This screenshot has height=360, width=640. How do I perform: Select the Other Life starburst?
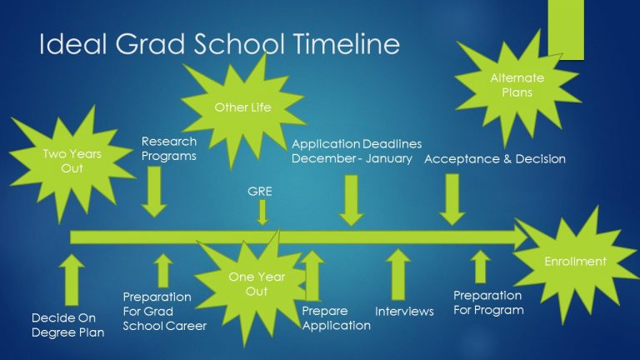tap(242, 107)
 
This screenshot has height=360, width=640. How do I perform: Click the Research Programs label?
tap(169, 148)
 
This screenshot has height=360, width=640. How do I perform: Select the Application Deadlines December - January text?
tap(356, 151)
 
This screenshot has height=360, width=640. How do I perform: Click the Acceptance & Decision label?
tap(495, 158)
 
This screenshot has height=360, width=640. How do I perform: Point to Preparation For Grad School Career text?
tap(164, 311)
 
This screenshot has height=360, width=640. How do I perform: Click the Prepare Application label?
tap(336, 317)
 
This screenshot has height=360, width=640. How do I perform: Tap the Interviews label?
tap(405, 311)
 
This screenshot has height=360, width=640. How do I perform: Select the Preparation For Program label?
tap(488, 302)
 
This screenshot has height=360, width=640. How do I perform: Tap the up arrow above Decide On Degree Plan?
tap(73, 277)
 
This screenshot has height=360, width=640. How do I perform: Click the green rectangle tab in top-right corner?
tap(566, 29)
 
